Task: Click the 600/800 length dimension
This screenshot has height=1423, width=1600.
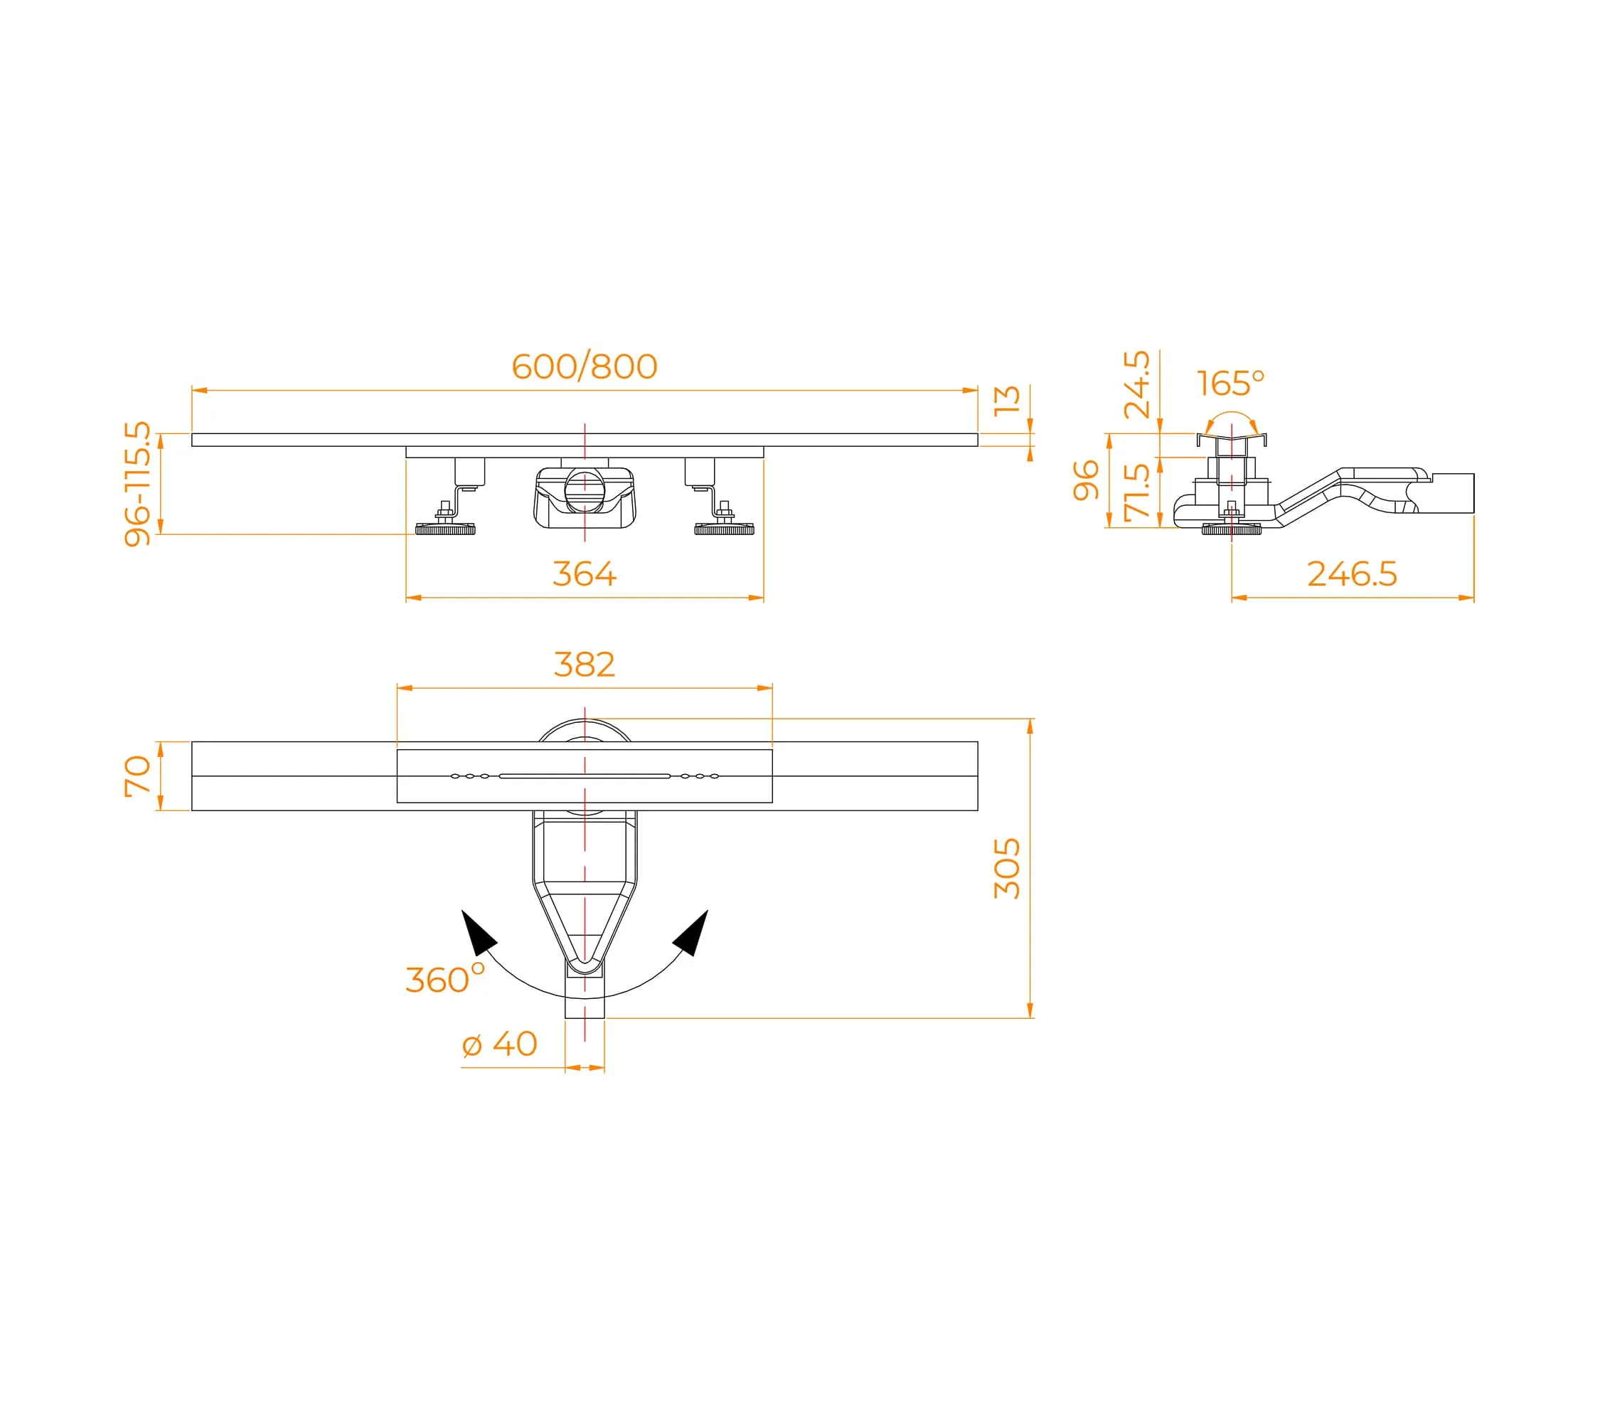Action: (x=584, y=366)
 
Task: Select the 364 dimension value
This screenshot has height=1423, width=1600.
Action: (x=584, y=574)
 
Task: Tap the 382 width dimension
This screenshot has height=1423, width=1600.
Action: (x=584, y=665)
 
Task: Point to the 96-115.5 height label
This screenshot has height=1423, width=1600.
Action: (x=137, y=483)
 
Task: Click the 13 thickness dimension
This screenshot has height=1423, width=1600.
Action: (x=1008, y=399)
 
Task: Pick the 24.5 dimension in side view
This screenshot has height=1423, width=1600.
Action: (x=1136, y=384)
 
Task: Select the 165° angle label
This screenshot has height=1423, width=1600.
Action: (x=1230, y=383)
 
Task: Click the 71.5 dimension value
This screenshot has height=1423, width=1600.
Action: (x=1136, y=492)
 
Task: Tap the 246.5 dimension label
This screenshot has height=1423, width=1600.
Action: (x=1352, y=574)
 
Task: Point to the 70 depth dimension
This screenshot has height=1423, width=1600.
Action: (x=137, y=776)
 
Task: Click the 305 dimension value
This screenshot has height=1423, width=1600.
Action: (x=1008, y=869)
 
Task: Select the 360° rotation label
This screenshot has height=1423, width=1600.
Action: (x=444, y=980)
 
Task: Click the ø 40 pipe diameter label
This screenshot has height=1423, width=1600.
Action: (x=499, y=1044)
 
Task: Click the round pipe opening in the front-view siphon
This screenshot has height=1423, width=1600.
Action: (x=584, y=490)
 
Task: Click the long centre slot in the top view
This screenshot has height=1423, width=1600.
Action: (x=585, y=776)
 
